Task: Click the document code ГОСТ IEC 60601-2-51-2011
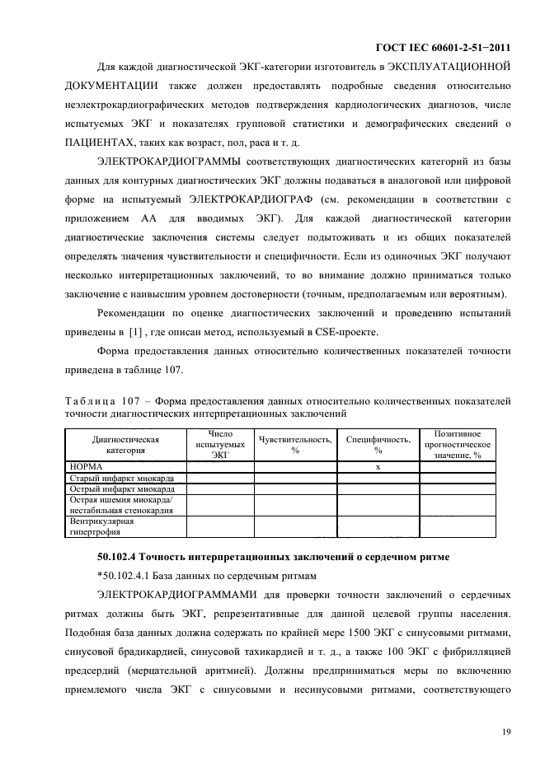pos(447,49)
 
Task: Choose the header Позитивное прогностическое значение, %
pos(458,444)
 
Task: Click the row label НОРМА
pos(86,466)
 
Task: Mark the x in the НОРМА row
pos(378,466)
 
